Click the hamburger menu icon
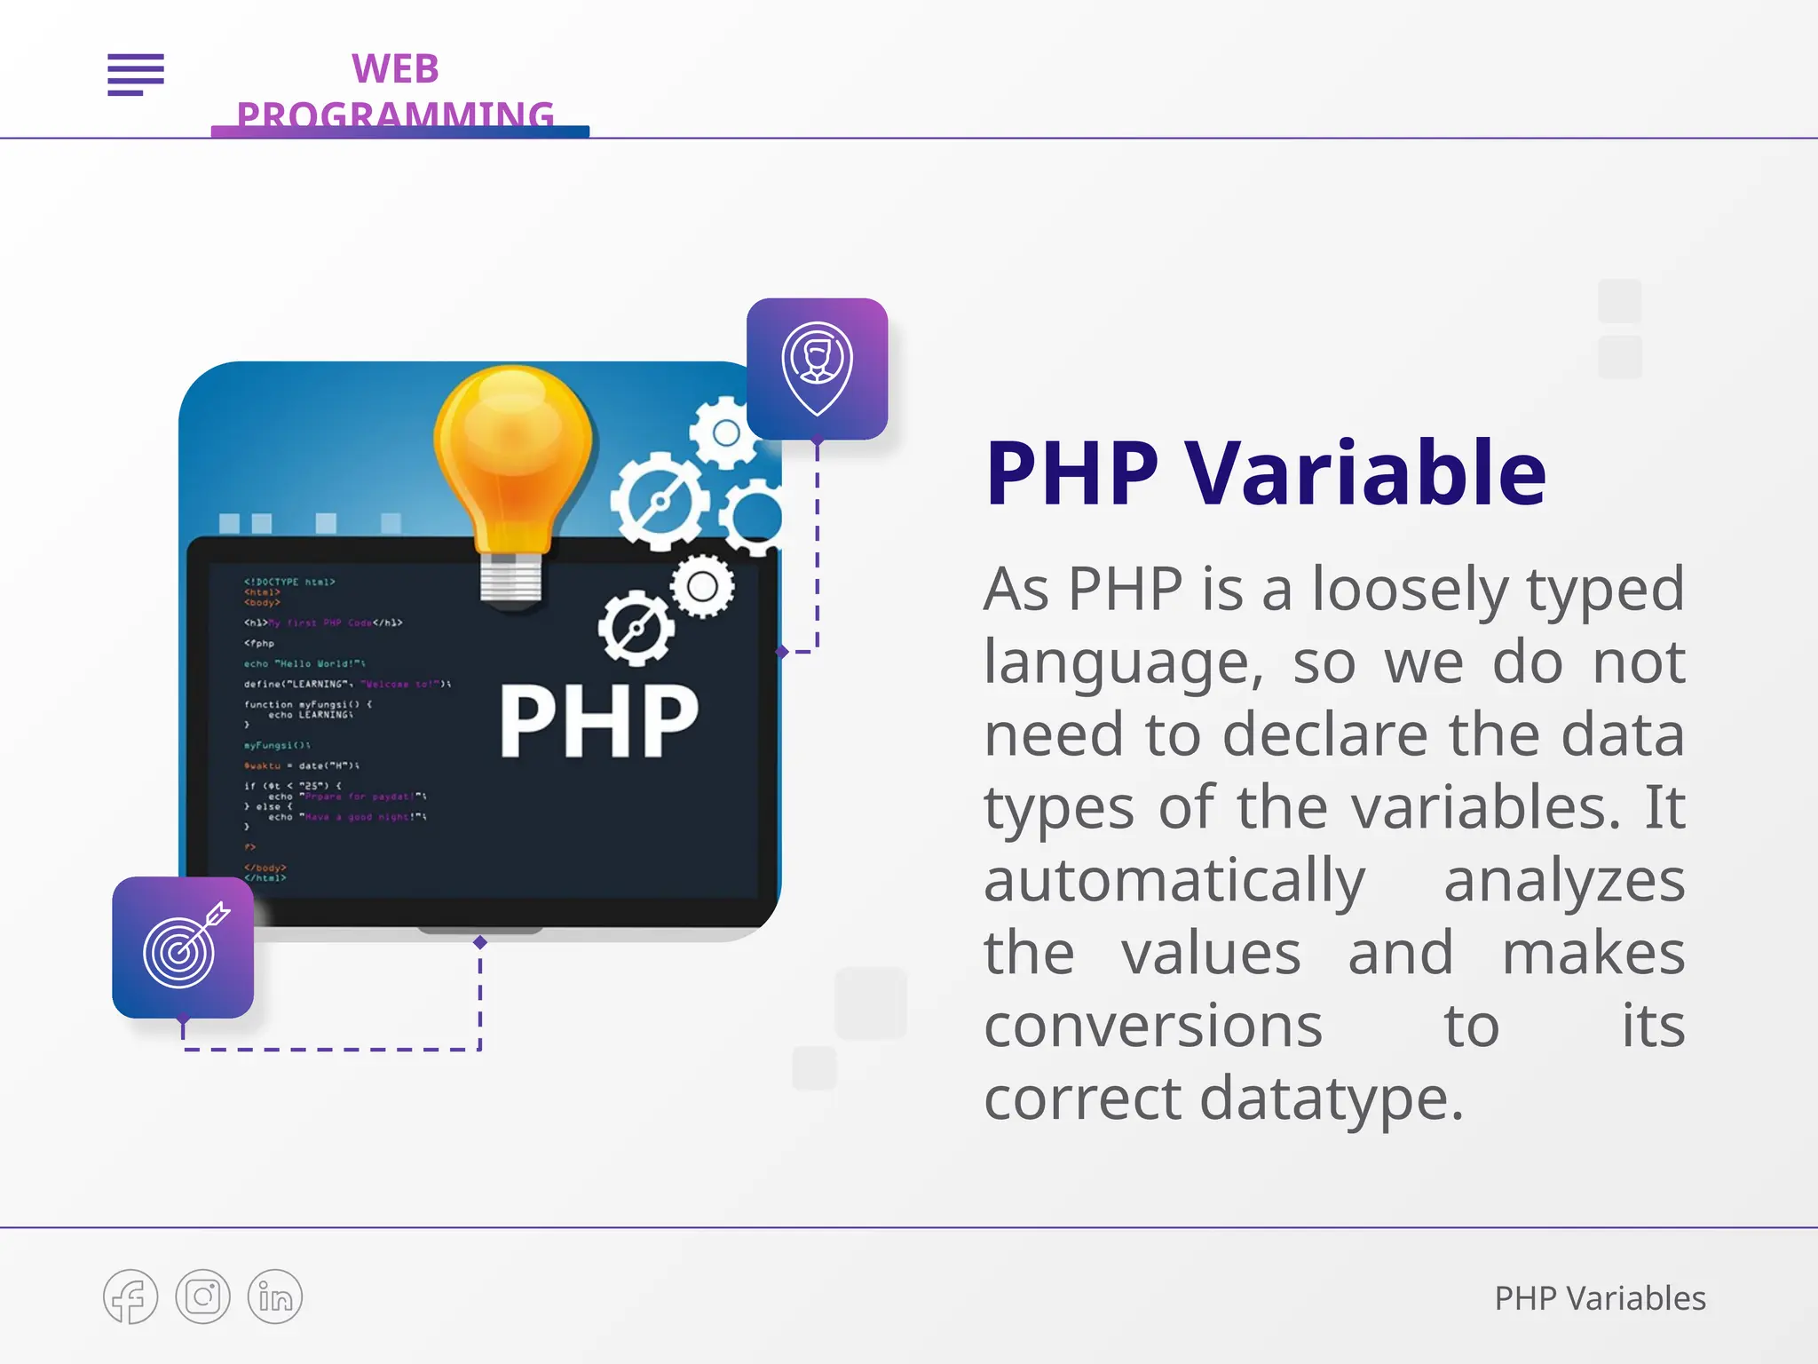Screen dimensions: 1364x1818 pyautogui.click(x=136, y=74)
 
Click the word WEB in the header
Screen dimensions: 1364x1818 pyautogui.click(x=395, y=69)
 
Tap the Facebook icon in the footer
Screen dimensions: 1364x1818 pyautogui.click(x=130, y=1297)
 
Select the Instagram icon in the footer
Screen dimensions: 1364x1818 pyautogui.click(x=202, y=1297)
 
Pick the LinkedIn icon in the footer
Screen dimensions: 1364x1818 pyautogui.click(x=275, y=1297)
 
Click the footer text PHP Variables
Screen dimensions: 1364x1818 pyautogui.click(x=1600, y=1298)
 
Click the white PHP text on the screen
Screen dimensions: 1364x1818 pyautogui.click(x=599, y=721)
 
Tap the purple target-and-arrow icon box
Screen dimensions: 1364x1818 pyautogui.click(x=183, y=948)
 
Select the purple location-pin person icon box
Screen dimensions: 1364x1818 pyautogui.click(x=817, y=369)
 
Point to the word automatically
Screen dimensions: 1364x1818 pyautogui.click(x=1174, y=881)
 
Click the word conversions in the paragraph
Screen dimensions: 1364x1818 pyautogui.click(x=1152, y=1027)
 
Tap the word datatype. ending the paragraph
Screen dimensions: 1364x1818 pyautogui.click(x=1332, y=1099)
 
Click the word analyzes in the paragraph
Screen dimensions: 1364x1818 pyautogui.click(x=1564, y=881)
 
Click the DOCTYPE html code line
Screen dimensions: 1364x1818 pyautogui.click(x=289, y=582)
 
